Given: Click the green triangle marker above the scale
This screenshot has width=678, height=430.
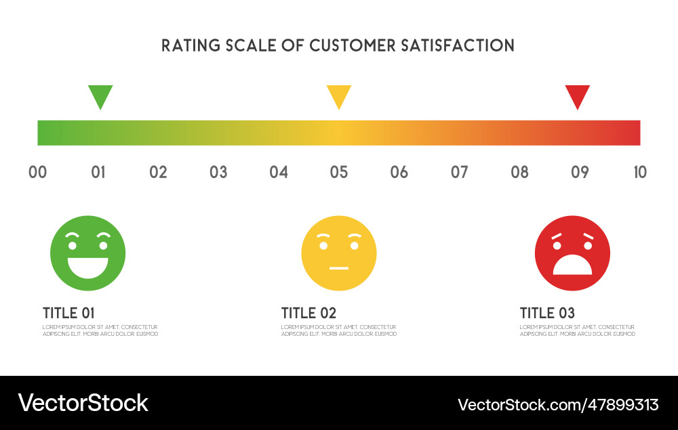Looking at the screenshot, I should click(x=100, y=95).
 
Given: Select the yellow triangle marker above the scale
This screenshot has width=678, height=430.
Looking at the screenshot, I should click(x=339, y=95).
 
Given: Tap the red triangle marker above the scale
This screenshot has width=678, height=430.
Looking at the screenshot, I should click(x=578, y=95).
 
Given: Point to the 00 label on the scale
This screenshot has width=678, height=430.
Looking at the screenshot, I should click(x=38, y=172).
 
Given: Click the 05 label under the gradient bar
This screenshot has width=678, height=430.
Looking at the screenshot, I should click(x=339, y=172).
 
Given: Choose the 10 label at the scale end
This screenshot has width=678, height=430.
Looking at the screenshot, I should click(x=639, y=172).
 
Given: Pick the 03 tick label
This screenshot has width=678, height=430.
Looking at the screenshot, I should click(x=218, y=172).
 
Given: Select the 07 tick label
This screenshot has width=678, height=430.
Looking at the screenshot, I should click(x=460, y=172).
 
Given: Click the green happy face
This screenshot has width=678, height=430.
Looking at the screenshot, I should click(x=88, y=253).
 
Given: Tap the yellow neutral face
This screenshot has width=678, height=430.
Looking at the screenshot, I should click(x=339, y=253).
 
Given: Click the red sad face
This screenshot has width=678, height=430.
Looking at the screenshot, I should click(x=572, y=253).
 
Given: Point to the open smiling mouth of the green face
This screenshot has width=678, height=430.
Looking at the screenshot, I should click(x=88, y=265).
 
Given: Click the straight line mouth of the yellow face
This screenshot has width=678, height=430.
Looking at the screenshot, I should click(x=338, y=268).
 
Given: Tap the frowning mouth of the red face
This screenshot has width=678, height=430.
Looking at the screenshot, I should click(x=572, y=265).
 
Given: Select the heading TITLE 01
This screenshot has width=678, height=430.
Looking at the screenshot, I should click(x=68, y=313).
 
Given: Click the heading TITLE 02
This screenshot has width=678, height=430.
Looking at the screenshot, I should click(x=308, y=313).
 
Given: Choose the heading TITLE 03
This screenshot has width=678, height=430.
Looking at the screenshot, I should click(x=547, y=313).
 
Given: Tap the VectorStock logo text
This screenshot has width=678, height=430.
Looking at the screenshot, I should click(x=83, y=403).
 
